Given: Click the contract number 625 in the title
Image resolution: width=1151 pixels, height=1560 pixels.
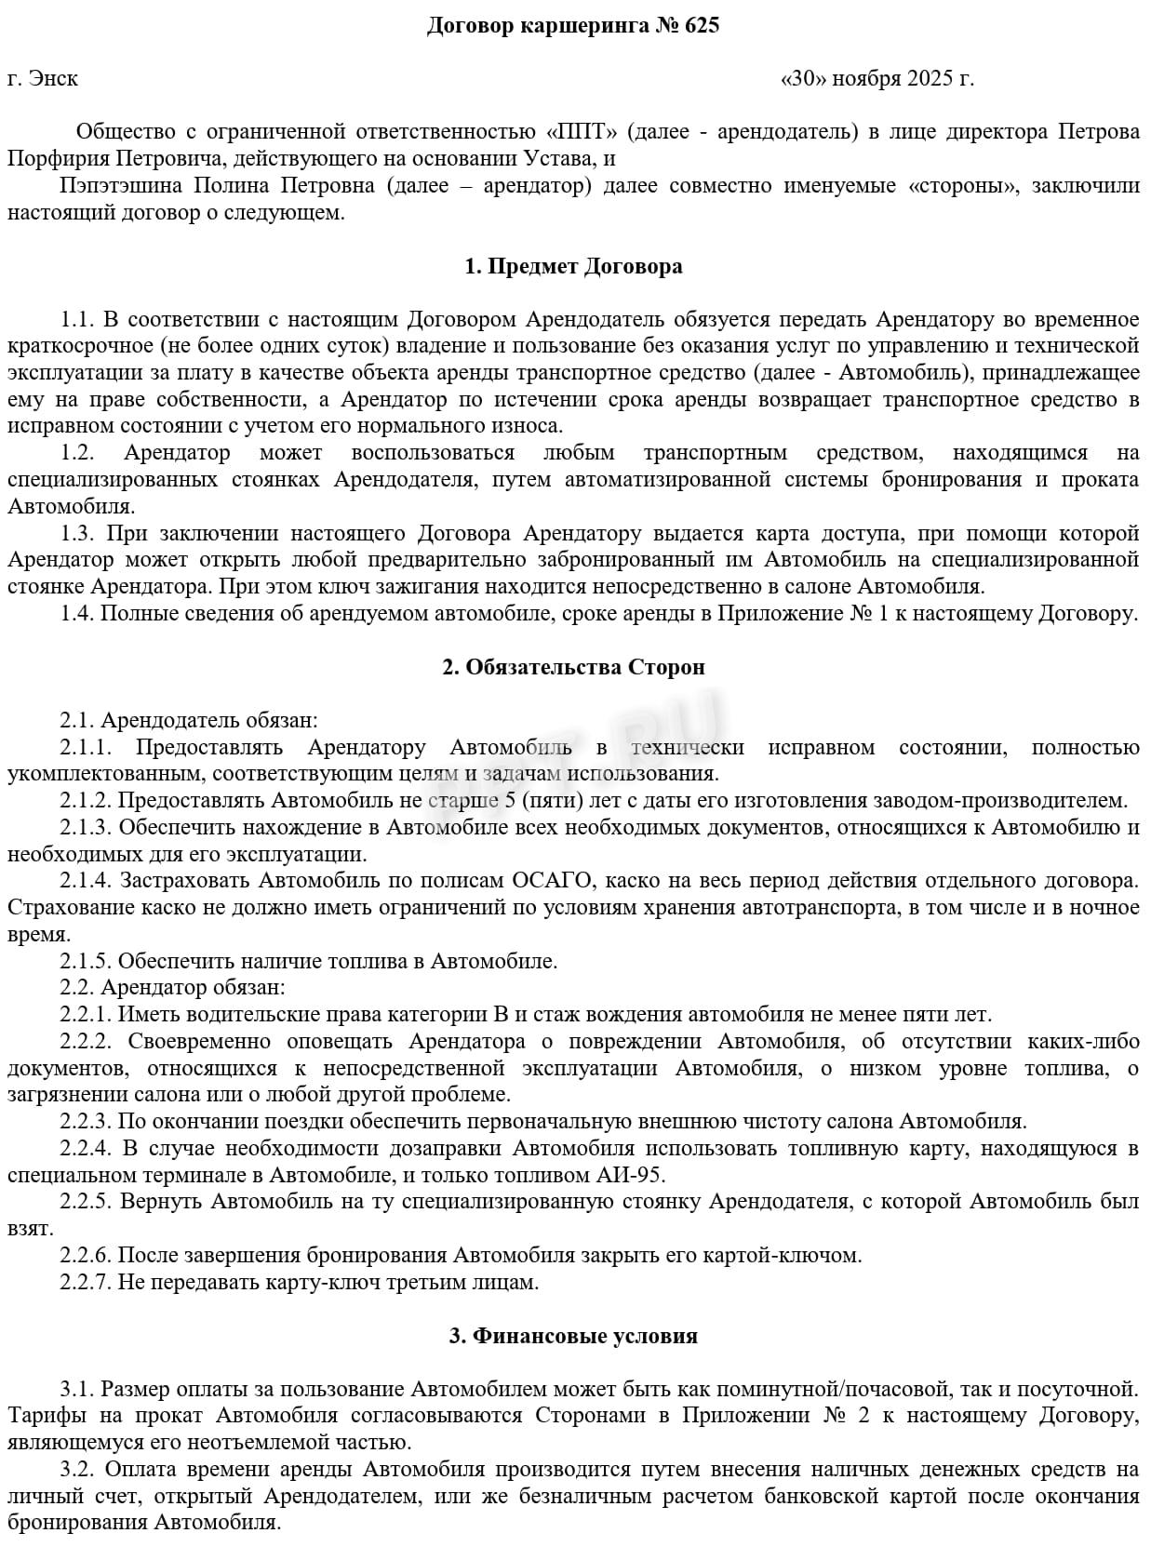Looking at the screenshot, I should (702, 26).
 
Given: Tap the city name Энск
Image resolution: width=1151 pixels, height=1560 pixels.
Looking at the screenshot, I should (54, 78).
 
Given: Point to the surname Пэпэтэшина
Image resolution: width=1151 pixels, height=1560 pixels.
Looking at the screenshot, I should (121, 185).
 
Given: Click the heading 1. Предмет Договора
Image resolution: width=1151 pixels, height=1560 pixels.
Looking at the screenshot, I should (573, 266).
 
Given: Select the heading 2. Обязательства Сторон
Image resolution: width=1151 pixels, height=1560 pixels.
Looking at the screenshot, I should (573, 667).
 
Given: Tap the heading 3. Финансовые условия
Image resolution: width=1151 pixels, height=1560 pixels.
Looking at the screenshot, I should (573, 1336).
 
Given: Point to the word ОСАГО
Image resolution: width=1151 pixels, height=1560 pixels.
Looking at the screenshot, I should (544, 880).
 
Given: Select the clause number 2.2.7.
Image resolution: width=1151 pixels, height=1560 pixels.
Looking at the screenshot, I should (87, 1282).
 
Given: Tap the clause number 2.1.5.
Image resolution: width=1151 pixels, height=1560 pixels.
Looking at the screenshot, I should (87, 961).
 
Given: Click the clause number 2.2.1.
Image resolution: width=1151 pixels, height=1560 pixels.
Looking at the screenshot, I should (87, 1014).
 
